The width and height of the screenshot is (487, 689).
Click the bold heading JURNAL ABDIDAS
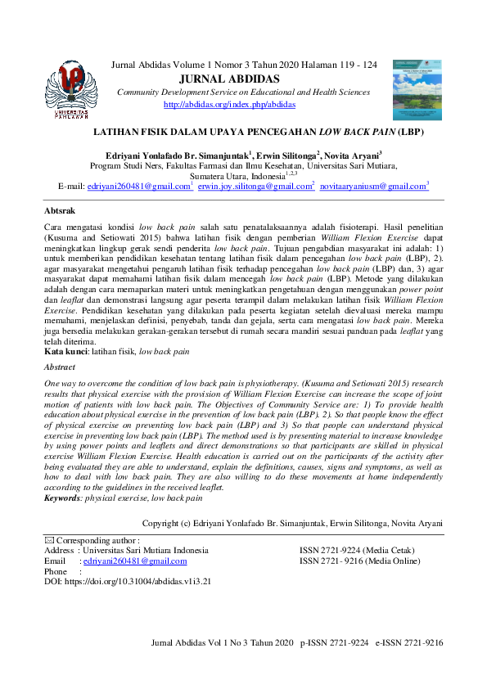[x=228, y=79]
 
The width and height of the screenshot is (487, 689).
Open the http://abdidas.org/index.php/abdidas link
[x=229, y=105]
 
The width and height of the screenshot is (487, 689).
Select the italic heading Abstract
[x=59, y=368]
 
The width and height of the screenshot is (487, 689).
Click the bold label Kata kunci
[x=65, y=351]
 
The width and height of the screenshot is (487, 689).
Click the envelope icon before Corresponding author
[x=48, y=540]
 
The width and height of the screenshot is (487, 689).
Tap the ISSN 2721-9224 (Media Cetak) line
[x=356, y=551]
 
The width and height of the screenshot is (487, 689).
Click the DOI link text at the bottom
[x=128, y=582]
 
